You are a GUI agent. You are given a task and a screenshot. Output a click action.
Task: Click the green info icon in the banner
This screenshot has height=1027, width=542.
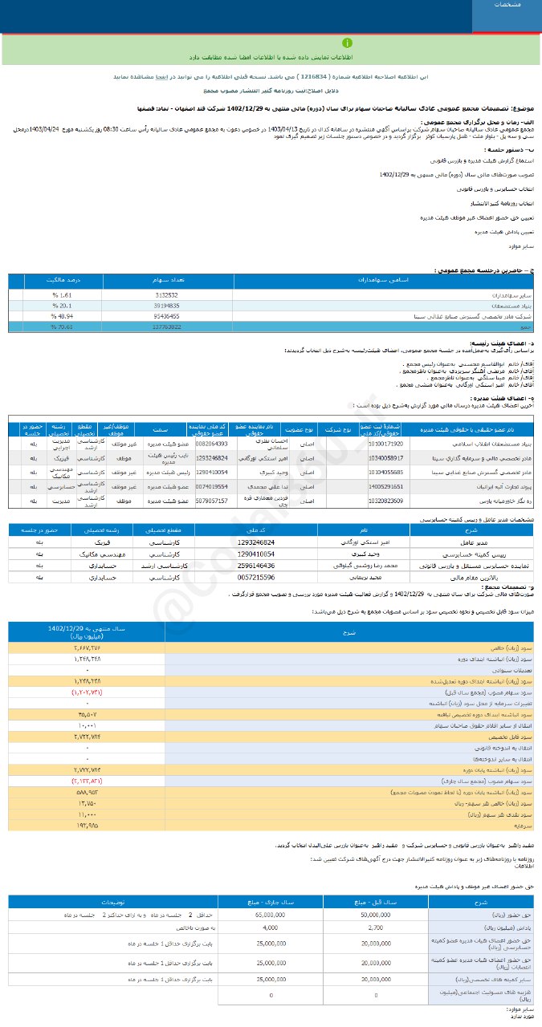click(347, 43)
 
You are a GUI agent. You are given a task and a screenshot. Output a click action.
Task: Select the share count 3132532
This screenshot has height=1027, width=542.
click(167, 295)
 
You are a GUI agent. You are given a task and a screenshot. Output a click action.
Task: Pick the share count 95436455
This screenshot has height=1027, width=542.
click(167, 316)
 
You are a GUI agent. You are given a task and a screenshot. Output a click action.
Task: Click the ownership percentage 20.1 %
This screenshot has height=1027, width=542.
click(62, 306)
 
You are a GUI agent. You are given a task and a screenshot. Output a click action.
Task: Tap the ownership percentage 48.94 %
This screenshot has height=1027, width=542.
click(62, 316)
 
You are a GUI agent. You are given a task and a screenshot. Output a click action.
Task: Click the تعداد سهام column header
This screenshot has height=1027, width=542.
click(168, 282)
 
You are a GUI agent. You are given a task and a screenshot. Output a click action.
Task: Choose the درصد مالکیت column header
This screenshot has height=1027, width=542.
click(63, 282)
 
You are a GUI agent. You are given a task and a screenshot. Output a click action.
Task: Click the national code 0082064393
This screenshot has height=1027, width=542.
click(211, 443)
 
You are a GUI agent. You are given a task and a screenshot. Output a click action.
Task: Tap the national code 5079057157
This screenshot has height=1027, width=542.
click(211, 501)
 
